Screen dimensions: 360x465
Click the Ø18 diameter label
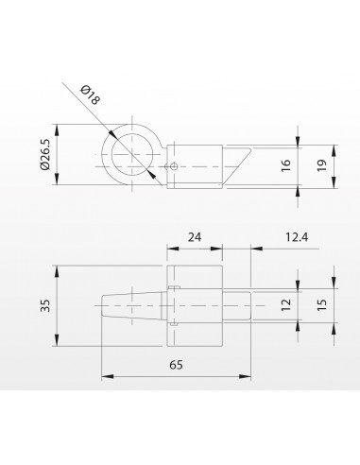91,95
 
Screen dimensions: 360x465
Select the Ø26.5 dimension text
45,154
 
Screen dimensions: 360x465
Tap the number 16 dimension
285,165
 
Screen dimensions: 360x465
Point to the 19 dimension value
322,165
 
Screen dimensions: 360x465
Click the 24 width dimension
195,237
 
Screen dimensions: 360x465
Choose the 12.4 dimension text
297,237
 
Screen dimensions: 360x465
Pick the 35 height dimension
46,305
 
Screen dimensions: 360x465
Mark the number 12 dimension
286,305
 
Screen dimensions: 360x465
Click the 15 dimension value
322,305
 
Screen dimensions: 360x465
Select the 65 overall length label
176,365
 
